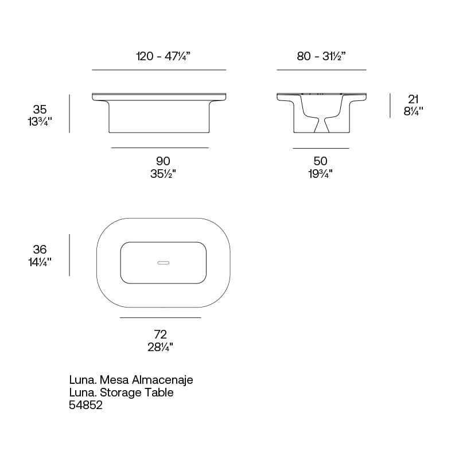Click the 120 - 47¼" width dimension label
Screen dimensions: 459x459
pyautogui.click(x=164, y=56)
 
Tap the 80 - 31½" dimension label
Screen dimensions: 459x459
pyautogui.click(x=321, y=56)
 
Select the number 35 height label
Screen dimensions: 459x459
pyautogui.click(x=40, y=110)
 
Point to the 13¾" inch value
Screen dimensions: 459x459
pyautogui.click(x=40, y=122)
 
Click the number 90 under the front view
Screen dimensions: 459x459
pyautogui.click(x=163, y=161)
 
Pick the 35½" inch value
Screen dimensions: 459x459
pyautogui.click(x=163, y=174)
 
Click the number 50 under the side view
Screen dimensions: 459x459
pyautogui.click(x=321, y=161)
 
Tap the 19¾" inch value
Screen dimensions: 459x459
pyautogui.click(x=321, y=174)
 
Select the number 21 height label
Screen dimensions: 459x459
pyautogui.click(x=413, y=99)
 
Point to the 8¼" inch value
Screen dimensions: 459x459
pyautogui.click(x=413, y=111)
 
